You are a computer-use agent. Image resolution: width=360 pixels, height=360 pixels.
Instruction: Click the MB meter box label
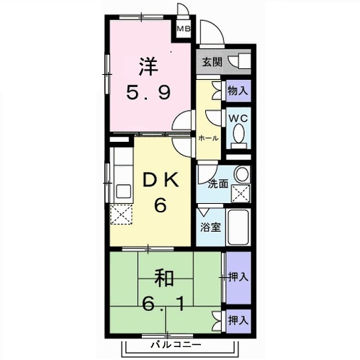coord(184,30)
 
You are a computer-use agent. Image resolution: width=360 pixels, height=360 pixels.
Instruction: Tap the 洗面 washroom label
coord(218,184)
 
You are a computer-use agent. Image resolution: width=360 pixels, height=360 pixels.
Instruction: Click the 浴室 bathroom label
coord(210,225)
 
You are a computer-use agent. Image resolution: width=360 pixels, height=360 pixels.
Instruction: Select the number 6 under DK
coord(159,206)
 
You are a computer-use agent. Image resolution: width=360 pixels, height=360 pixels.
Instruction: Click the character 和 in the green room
coord(163,277)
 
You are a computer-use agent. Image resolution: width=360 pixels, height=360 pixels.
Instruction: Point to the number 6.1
coord(164,304)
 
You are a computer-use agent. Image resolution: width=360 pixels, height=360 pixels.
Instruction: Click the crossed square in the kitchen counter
coord(120,214)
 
